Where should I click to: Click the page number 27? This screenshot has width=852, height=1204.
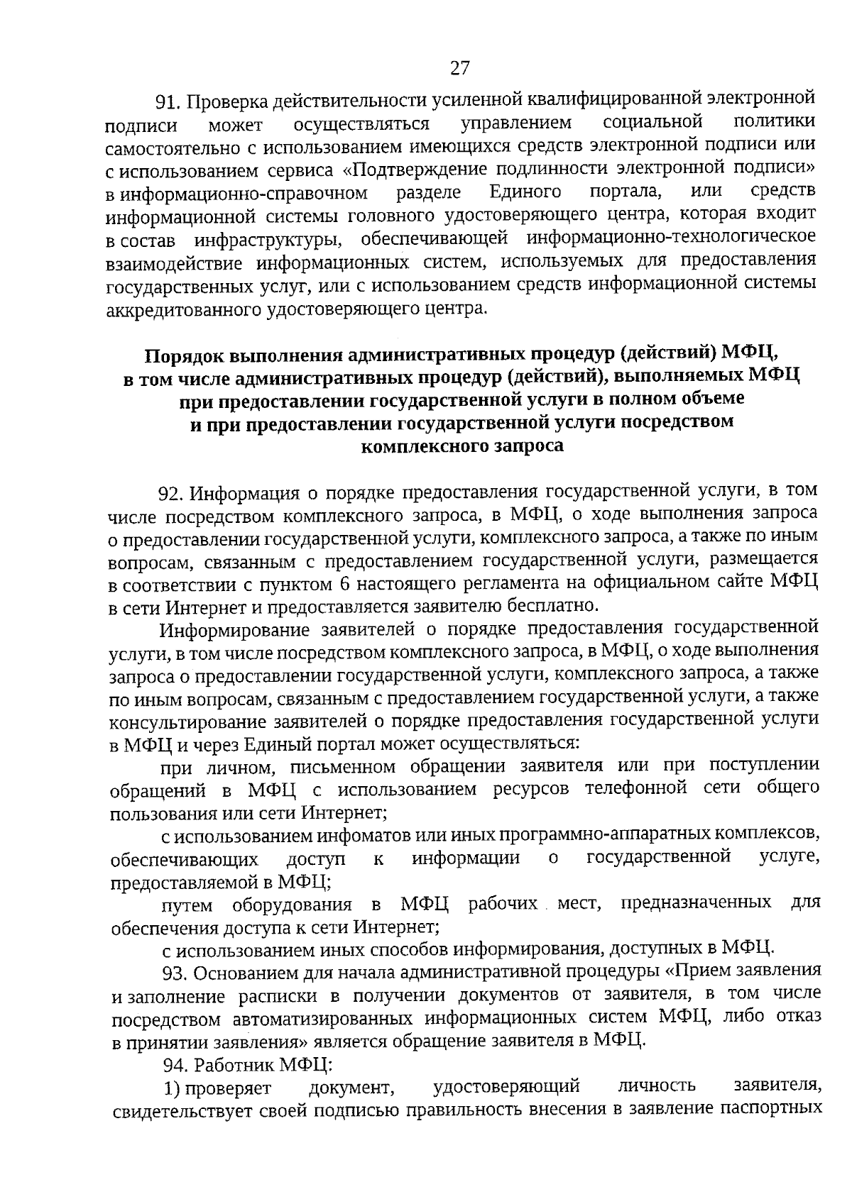pyautogui.click(x=459, y=68)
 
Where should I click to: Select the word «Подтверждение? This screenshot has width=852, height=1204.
pyautogui.click(x=420, y=170)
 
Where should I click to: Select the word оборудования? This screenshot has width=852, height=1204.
pyautogui.click(x=292, y=905)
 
